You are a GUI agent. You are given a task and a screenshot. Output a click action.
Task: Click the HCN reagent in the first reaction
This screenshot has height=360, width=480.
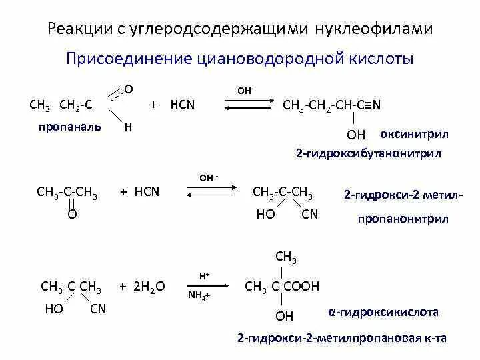click(x=183, y=105)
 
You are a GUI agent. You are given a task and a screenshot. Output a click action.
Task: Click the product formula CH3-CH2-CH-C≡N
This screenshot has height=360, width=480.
click(x=331, y=105)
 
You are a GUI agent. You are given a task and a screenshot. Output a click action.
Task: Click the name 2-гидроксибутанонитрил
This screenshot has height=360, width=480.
click(x=369, y=153)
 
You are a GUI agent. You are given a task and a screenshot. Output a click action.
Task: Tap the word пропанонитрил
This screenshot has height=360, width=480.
click(x=403, y=219)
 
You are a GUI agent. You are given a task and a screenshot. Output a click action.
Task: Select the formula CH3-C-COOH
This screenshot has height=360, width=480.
click(x=282, y=287)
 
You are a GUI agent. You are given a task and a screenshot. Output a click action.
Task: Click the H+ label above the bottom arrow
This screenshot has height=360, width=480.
click(x=204, y=275)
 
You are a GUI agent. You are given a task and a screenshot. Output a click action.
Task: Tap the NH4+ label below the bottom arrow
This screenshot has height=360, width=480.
click(x=199, y=295)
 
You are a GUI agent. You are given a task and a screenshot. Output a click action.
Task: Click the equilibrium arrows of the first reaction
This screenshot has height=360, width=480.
click(x=247, y=104)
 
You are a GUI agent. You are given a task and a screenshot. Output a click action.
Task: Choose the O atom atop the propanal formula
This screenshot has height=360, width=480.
click(x=129, y=89)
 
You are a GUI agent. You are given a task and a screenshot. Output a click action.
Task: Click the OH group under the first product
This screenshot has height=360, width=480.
click(x=356, y=135)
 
